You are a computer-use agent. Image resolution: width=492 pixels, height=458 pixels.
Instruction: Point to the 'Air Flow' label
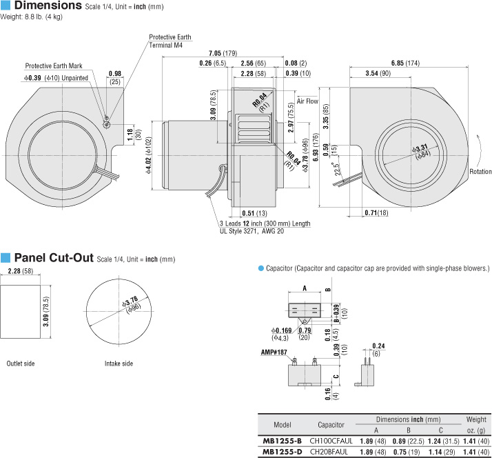tap(307, 101)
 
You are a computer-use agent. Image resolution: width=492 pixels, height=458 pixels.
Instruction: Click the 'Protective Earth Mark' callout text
tap(54, 66)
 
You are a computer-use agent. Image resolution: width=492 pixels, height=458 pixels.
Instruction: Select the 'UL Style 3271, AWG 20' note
tap(252, 231)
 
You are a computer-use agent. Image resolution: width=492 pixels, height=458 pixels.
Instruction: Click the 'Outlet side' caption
tap(21, 363)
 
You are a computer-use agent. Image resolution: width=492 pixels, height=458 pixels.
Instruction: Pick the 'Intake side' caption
tap(119, 363)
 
